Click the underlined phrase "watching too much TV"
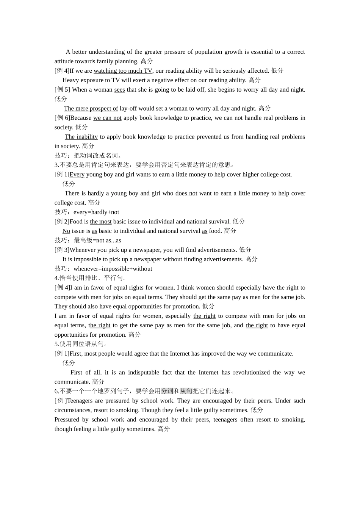click(x=123, y=71)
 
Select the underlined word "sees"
click(x=119, y=90)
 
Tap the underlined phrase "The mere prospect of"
click(x=91, y=109)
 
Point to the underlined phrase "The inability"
click(x=81, y=137)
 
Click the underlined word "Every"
click(x=77, y=175)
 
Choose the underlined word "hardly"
click(x=96, y=194)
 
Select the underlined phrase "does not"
click(x=186, y=194)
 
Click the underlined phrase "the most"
click(x=101, y=222)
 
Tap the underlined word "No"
click(x=66, y=231)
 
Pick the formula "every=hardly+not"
click(x=96, y=212)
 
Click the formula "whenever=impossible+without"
click(x=113, y=269)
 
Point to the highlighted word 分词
click(x=167, y=391)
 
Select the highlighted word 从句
click(x=186, y=391)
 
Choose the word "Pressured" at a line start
click(x=67, y=420)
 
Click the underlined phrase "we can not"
click(x=107, y=118)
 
